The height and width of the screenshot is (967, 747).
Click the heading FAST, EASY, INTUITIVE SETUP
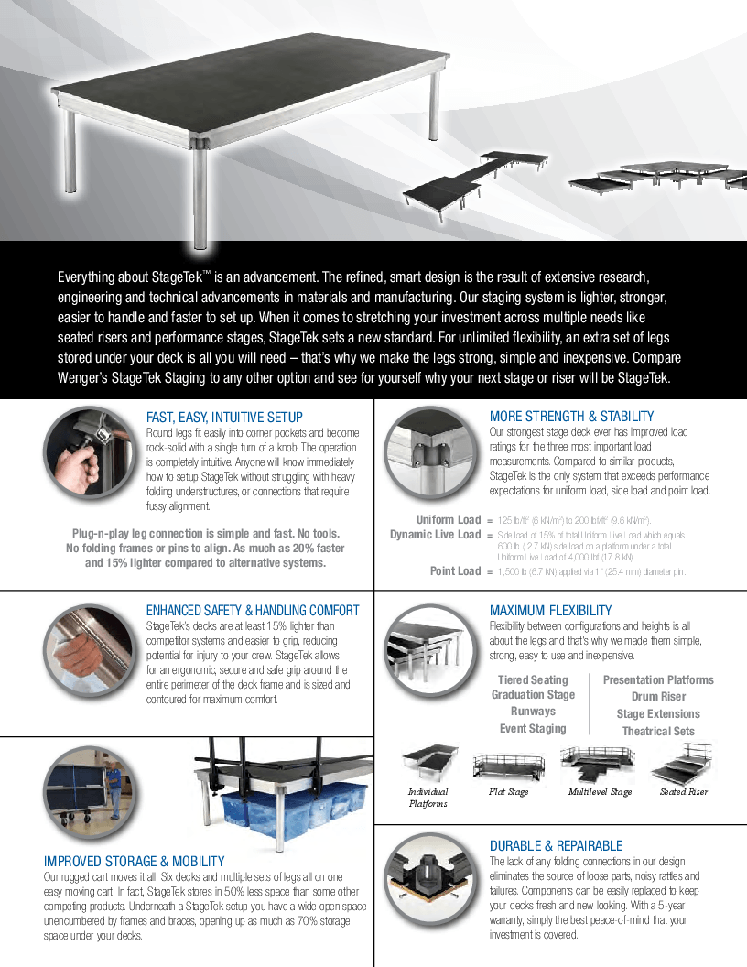coord(224,418)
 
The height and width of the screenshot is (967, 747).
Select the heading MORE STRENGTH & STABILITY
coord(571,417)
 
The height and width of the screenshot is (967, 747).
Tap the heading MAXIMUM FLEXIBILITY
coord(550,611)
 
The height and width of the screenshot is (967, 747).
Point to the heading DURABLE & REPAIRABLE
coord(556,846)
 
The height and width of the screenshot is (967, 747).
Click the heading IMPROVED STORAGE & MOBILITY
coord(134,862)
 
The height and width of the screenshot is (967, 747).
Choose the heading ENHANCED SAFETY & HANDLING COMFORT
coord(253,611)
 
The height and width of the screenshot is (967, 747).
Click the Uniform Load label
coord(448,520)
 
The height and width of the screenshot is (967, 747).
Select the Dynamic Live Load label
coord(435,535)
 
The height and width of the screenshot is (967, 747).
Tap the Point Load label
coord(455,571)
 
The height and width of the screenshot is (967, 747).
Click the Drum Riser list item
coord(658,697)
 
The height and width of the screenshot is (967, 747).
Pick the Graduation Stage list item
coord(533,695)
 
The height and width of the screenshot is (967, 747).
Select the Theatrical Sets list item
coord(658,732)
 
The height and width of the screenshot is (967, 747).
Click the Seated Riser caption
coord(684,792)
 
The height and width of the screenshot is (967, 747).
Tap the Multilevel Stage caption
coord(600,792)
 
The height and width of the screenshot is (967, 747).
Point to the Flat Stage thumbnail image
coord(507,764)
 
